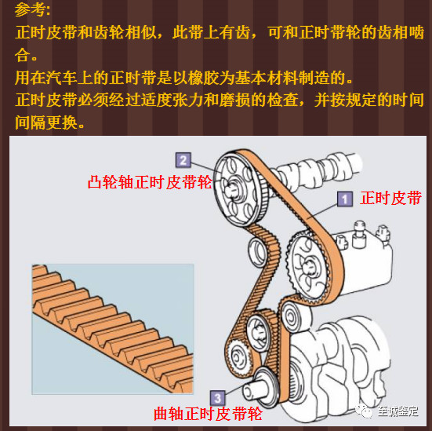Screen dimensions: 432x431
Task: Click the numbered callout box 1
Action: pyautogui.click(x=345, y=199)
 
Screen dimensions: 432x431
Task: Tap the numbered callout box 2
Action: pyautogui.click(x=183, y=160)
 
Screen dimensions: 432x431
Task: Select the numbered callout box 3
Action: pyautogui.click(x=218, y=398)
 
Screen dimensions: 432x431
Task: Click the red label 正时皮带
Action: pyautogui.click(x=390, y=198)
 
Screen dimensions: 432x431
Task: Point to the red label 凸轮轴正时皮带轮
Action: pyautogui.click(x=150, y=182)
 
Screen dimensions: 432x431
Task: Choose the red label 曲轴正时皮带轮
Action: pyautogui.click(x=208, y=414)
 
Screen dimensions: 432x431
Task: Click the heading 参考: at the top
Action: pyautogui.click(x=32, y=10)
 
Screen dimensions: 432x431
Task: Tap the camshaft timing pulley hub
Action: pyautogui.click(x=232, y=188)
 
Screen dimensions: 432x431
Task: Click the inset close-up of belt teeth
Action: pyautogui.click(x=113, y=329)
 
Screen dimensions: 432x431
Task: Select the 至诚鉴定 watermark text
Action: pyautogui.click(x=398, y=411)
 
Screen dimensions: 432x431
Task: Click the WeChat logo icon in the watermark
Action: pyautogui.click(x=365, y=411)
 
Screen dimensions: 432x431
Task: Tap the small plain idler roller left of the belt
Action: pyautogui.click(x=257, y=253)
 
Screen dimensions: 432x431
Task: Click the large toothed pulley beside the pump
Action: pyautogui.click(x=308, y=268)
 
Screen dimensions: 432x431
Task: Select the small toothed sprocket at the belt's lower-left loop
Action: pyautogui.click(x=238, y=358)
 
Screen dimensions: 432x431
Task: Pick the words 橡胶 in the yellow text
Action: pyautogui.click(x=204, y=78)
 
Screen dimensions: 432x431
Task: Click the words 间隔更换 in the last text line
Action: pyautogui.click(x=46, y=122)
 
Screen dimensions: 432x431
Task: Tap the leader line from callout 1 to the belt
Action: pyautogui.click(x=322, y=211)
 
